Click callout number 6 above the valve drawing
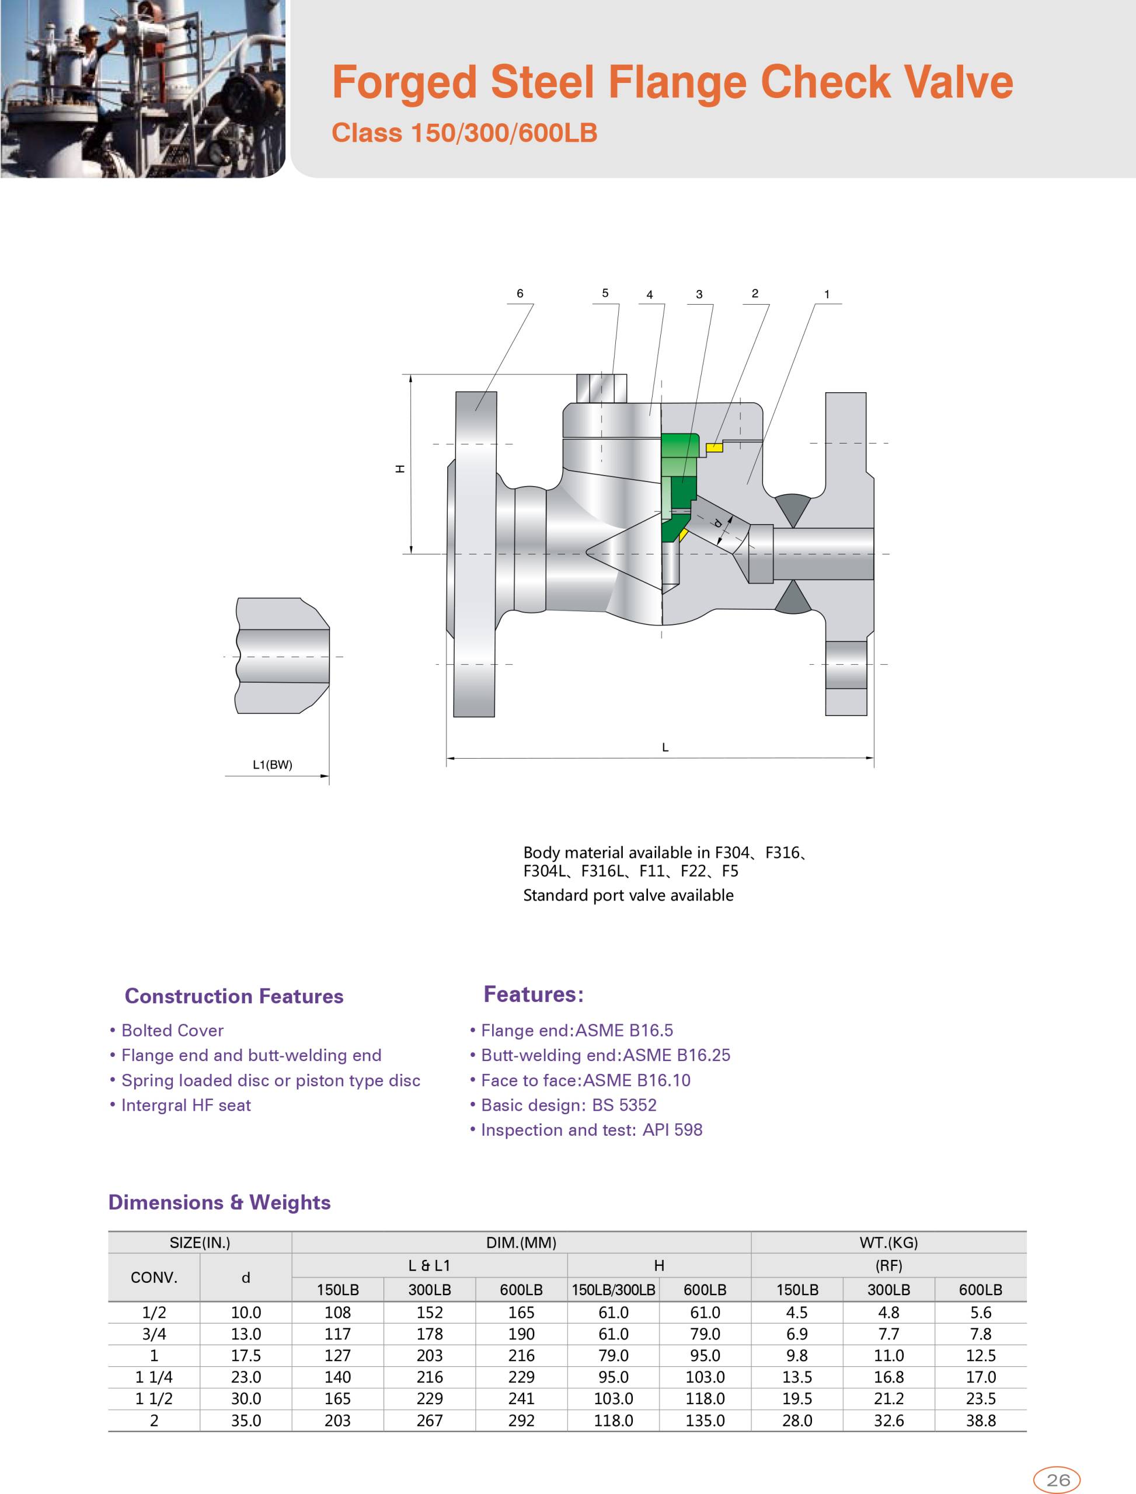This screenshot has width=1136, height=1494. pos(520,294)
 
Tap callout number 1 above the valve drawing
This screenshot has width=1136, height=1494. pos(826,294)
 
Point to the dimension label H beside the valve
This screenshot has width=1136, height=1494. pos(400,469)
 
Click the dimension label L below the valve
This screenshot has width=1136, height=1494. pos(665,747)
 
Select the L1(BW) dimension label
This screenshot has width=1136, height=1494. pos(273,765)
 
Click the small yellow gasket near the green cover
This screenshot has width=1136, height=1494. pos(714,447)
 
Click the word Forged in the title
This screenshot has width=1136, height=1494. pos(404,82)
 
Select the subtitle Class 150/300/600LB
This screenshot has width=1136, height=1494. pos(464,132)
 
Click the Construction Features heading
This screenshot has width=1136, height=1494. pos(234,996)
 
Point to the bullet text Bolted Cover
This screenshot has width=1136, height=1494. pos(172,1030)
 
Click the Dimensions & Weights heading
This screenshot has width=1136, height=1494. pos(219,1202)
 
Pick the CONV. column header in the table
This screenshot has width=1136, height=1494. pos(154,1277)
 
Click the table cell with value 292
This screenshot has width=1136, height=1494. pos(521,1420)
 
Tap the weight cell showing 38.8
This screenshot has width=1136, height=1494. pos(981,1420)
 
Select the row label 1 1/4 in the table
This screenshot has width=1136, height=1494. pos(154,1377)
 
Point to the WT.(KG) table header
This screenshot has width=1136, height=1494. pos(888,1242)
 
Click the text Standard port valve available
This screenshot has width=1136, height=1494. pos(628,895)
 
